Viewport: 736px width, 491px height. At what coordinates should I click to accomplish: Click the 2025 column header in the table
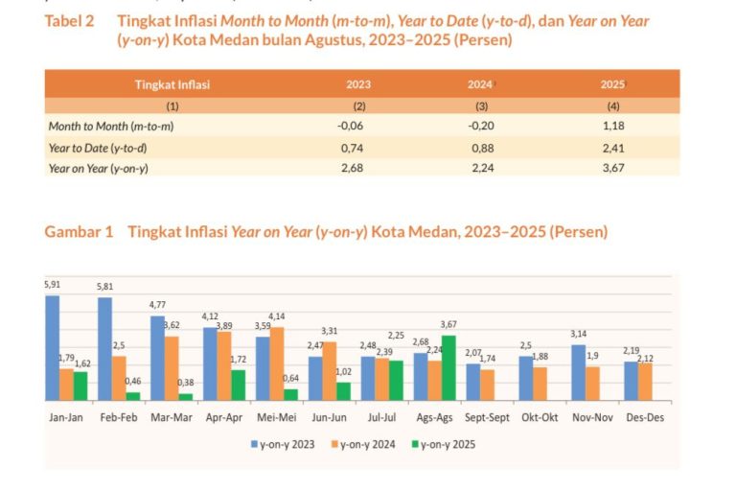pos(612,84)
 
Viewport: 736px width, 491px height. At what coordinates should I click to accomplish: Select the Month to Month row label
pos(110,126)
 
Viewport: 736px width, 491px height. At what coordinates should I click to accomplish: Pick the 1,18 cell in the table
pos(612,126)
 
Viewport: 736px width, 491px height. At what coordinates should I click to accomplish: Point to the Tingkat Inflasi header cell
pos(172,84)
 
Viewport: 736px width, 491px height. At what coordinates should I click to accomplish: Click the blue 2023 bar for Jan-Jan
pos(52,347)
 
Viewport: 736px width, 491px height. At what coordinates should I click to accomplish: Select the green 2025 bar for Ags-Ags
pos(448,367)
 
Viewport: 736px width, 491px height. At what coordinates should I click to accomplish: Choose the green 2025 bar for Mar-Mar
pos(185,396)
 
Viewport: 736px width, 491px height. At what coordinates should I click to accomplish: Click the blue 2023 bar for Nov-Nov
pos(579,372)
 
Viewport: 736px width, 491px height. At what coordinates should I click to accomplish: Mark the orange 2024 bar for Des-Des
pos(645,381)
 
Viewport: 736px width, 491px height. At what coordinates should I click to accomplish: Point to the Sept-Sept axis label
pos(487,418)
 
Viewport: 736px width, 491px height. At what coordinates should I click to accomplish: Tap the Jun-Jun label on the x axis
pos(330,418)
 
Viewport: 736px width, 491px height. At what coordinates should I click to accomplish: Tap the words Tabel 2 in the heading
pos(69,21)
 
